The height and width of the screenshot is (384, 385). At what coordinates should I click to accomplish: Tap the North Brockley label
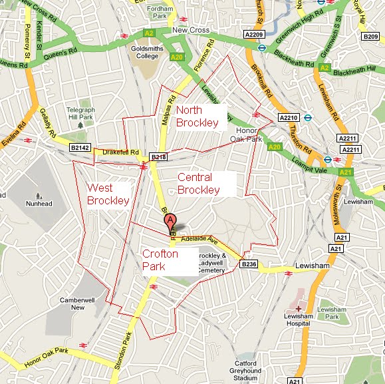point(197,116)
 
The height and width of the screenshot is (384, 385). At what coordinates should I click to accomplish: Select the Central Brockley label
point(198,184)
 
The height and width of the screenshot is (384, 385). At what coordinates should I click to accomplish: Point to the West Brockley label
point(108,194)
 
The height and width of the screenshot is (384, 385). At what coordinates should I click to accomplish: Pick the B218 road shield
point(158,157)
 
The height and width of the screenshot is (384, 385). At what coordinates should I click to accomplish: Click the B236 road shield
point(249,264)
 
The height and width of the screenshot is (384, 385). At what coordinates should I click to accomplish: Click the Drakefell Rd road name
point(120,152)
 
